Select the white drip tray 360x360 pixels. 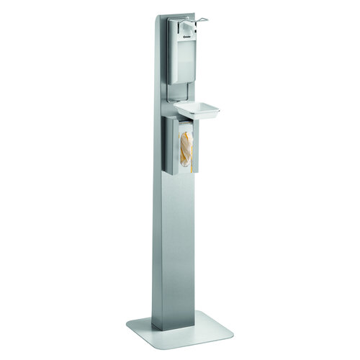pos(197,109)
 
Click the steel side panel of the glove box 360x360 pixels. pos(171,148)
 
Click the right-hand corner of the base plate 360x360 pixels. pos(232,333)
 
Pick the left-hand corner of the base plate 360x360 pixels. pos(128,323)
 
